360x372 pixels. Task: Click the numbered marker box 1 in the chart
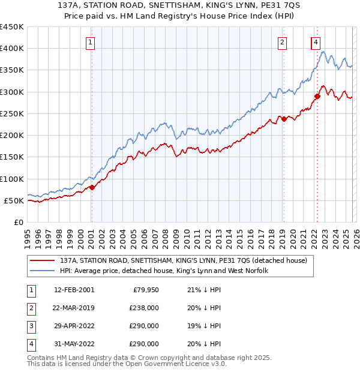90,42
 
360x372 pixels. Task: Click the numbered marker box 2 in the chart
281,42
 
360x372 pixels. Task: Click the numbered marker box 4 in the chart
315,42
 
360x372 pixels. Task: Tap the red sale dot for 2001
92,187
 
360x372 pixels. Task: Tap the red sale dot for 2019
284,119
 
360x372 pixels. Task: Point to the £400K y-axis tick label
11,49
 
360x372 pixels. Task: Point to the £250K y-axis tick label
11,113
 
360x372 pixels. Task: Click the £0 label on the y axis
18,222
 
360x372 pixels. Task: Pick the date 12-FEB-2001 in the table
74,290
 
